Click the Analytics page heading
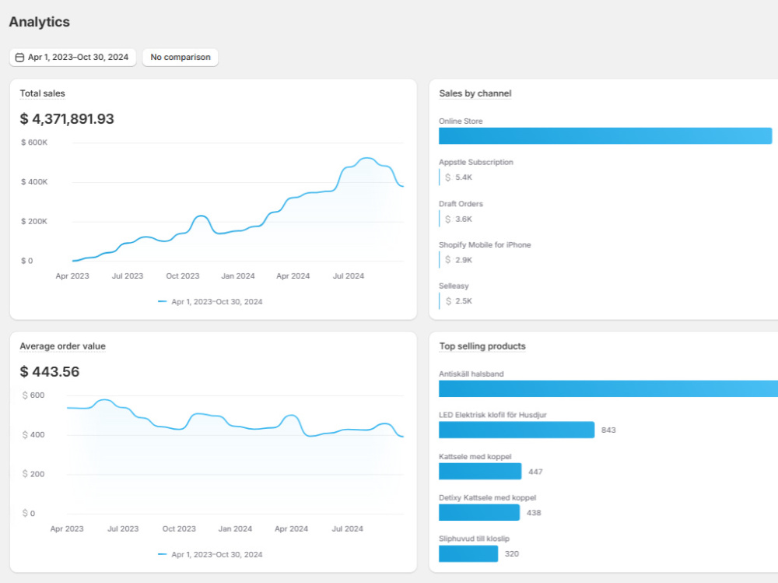coord(39,22)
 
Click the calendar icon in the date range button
coord(19,58)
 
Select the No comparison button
coord(180,57)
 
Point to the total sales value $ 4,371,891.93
coord(67,119)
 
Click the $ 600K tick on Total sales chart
coord(34,142)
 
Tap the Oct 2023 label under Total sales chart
coord(183,276)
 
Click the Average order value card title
coord(62,346)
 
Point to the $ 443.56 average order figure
coord(50,372)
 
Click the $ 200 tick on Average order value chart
coord(33,474)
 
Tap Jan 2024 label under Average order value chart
coord(235,529)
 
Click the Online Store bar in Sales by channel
coord(605,136)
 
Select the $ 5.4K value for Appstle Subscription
coord(459,177)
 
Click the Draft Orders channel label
coord(461,204)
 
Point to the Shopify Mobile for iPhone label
coord(485,245)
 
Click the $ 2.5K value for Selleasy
coord(459,301)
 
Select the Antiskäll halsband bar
coord(608,389)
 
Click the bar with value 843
coord(517,430)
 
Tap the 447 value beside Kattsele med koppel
coord(535,472)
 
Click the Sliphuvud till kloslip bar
coord(468,553)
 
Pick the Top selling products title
coord(482,346)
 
